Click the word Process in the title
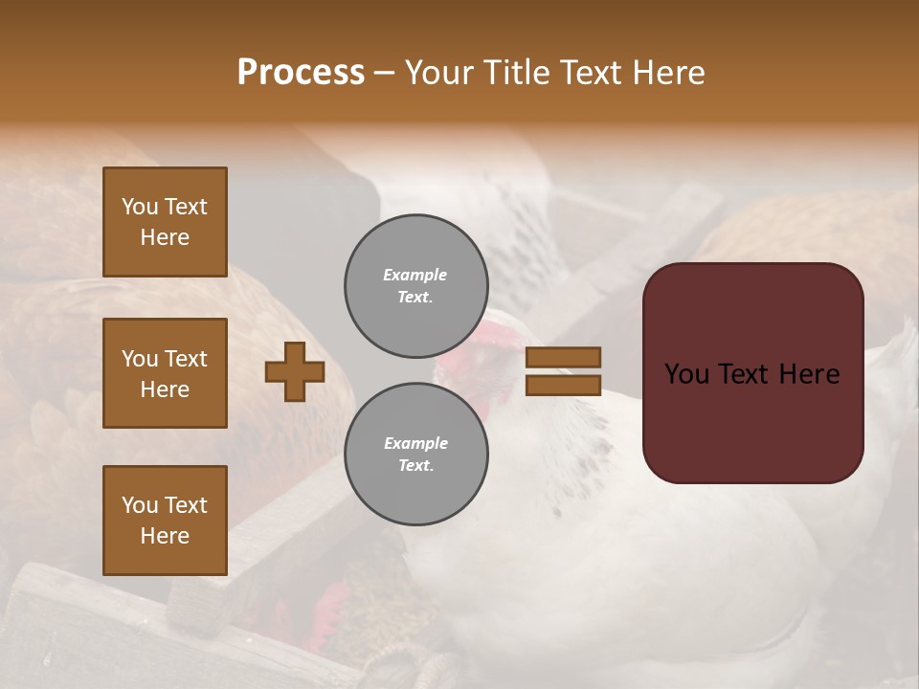pos(301,73)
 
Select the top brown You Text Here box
pos(165,222)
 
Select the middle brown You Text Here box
pos(165,373)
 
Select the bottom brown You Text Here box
pos(165,520)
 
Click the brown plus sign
pos(295,371)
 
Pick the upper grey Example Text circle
pos(416,286)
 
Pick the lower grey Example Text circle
pos(416,455)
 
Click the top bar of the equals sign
pos(563,357)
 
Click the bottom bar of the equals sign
pos(563,385)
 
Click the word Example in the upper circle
pos(415,275)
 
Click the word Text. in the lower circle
pos(415,466)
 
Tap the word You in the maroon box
pos(686,374)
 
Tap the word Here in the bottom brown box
pos(165,536)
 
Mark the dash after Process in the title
pos(385,74)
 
